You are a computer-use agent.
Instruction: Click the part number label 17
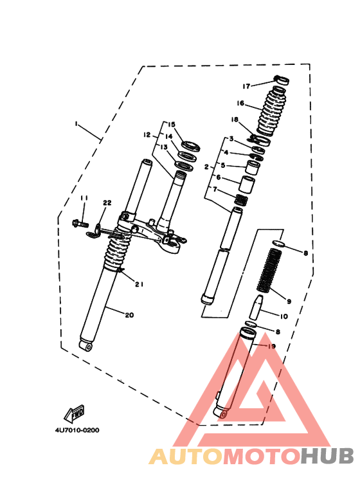pyautogui.click(x=246, y=86)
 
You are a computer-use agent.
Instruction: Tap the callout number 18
pyautogui.click(x=235, y=120)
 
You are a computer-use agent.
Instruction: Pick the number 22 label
pyautogui.click(x=107, y=203)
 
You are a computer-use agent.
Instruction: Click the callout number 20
pyautogui.click(x=129, y=315)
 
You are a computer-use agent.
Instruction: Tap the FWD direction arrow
pyautogui.click(x=75, y=412)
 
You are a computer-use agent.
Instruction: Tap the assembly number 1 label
pyautogui.click(x=75, y=122)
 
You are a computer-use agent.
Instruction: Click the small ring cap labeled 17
pyautogui.click(x=280, y=80)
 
